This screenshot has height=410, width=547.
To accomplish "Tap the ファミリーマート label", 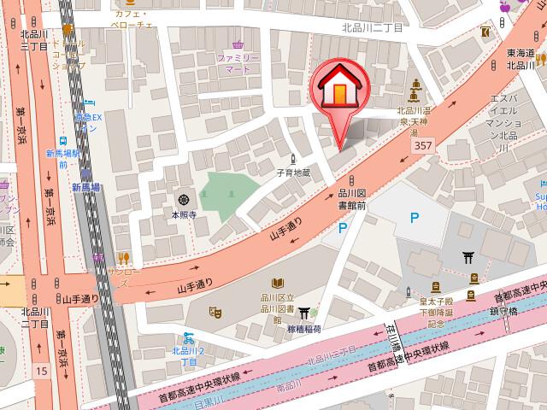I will coord(237,63).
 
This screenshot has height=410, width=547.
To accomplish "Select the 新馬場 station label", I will coord(85,187).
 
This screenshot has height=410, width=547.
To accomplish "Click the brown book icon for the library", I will coord(278,284).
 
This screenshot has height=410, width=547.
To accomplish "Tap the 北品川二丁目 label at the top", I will coord(372,28).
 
